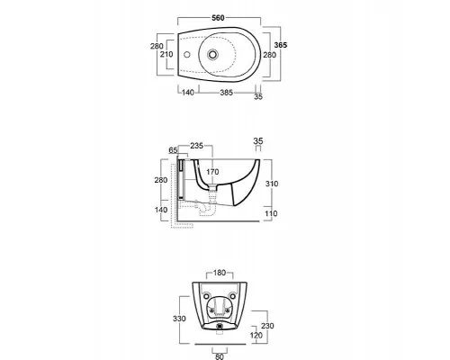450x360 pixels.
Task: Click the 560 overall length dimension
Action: tap(218, 18)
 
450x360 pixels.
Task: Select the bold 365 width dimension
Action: tap(281, 45)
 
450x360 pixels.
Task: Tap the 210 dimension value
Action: tap(166, 54)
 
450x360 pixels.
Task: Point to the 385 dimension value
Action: tap(227, 93)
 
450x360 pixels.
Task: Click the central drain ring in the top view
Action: tap(212, 55)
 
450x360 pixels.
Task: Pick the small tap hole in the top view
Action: tap(187, 55)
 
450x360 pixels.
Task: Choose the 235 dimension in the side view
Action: tap(197, 146)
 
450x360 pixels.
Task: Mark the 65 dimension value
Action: tap(173, 150)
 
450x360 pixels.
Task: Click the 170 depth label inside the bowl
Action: tap(212, 172)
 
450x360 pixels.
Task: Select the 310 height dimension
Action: tap(272, 184)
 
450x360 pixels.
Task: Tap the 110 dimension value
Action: tap(271, 213)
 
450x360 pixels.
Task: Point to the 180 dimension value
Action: tap(220, 273)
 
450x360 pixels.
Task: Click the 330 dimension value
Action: tap(179, 319)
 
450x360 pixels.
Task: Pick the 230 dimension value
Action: tap(267, 326)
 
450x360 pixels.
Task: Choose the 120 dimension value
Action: tap(256, 335)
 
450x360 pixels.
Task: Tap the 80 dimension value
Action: tap(220, 356)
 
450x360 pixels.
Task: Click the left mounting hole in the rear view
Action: tap(206, 296)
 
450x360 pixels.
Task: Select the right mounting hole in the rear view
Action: tap(233, 296)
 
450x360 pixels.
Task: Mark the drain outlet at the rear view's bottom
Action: tap(220, 326)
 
